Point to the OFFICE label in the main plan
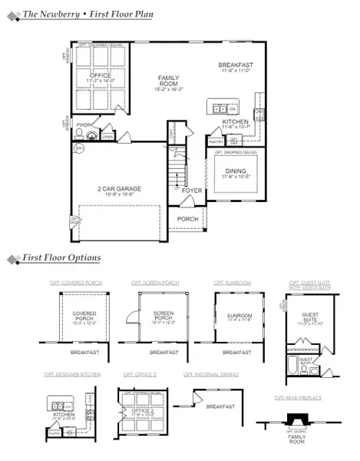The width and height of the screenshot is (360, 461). click(x=101, y=75)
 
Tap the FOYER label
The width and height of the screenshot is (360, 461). click(x=191, y=190)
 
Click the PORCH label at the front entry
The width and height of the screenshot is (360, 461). click(x=188, y=219)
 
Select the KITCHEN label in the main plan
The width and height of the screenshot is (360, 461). click(x=235, y=122)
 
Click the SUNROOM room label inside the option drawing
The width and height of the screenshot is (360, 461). click(x=239, y=315)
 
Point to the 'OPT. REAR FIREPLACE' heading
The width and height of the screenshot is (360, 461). click(x=299, y=398)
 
